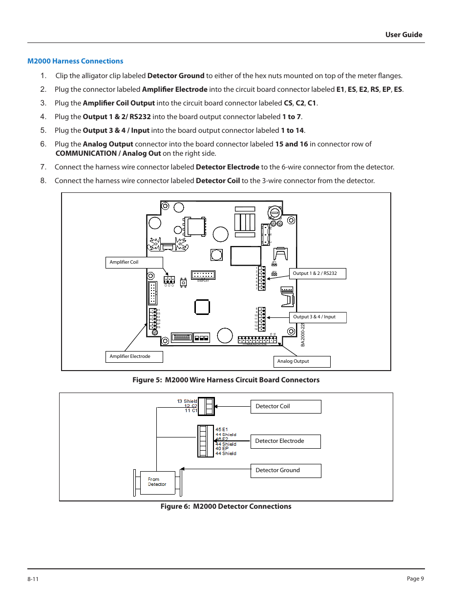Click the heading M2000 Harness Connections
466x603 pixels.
click(x=75, y=61)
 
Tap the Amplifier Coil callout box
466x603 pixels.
click(x=134, y=262)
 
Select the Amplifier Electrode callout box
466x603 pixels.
click(x=134, y=356)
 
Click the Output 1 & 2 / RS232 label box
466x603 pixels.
click(x=318, y=273)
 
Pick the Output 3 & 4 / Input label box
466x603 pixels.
click(x=318, y=317)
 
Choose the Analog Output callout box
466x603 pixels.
click(x=301, y=361)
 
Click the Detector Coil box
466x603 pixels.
click(x=285, y=406)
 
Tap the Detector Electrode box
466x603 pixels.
click(x=285, y=441)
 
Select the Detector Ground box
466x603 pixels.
click(x=285, y=470)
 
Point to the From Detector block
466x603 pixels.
click(x=157, y=482)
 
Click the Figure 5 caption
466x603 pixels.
click(x=226, y=380)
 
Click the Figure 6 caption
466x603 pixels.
click(x=226, y=506)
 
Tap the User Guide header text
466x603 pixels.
click(x=403, y=35)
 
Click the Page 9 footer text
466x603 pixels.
click(x=415, y=579)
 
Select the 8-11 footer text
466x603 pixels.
click(x=33, y=579)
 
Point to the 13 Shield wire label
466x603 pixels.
click(x=187, y=401)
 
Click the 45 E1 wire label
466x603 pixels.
click(x=222, y=430)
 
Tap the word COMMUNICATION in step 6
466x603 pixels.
click(x=86, y=153)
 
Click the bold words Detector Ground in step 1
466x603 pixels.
click(x=176, y=76)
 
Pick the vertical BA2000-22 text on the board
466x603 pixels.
click(x=303, y=335)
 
